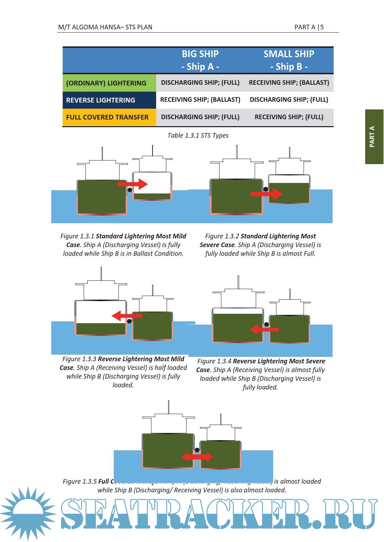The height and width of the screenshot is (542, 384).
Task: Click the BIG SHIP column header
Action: [x=200, y=60]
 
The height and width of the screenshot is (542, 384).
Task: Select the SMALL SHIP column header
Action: [x=289, y=60]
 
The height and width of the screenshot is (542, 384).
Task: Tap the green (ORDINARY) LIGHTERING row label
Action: [x=106, y=83]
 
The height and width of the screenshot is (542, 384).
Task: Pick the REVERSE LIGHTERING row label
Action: [x=101, y=100]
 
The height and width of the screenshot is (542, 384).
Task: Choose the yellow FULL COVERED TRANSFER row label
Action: [x=107, y=117]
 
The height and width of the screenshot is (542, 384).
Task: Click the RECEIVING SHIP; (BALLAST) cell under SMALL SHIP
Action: [x=289, y=83]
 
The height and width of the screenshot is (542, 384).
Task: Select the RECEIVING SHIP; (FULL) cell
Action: [x=289, y=117]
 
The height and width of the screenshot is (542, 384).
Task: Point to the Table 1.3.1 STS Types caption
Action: [x=198, y=135]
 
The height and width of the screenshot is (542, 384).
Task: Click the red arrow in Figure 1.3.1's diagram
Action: [x=133, y=184]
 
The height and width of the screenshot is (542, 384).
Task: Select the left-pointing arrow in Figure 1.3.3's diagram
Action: [x=126, y=316]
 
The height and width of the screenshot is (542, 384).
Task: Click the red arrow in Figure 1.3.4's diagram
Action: [x=264, y=330]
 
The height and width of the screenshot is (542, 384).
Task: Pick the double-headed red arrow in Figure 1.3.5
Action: [x=197, y=456]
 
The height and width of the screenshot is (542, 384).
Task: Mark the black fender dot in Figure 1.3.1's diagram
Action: [x=130, y=189]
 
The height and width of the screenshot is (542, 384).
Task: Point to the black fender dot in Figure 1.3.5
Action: [x=197, y=450]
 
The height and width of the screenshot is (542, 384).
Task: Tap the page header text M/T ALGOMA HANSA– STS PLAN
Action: [x=105, y=27]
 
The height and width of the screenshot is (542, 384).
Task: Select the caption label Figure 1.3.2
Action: [x=222, y=236]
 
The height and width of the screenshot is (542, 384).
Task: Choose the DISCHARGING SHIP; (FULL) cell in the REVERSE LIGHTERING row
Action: [x=289, y=100]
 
